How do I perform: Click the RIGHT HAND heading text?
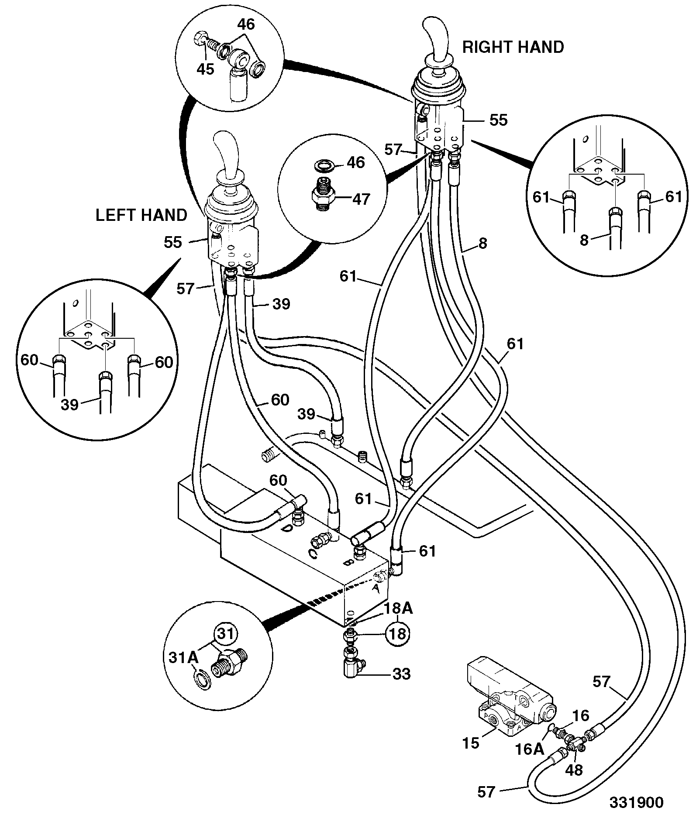[x=513, y=47]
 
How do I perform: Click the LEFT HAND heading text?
[x=141, y=215]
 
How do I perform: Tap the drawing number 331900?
[x=637, y=803]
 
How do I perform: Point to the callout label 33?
[x=401, y=674]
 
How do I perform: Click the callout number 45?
[x=205, y=69]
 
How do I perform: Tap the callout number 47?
[x=361, y=199]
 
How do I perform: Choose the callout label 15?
[x=471, y=743]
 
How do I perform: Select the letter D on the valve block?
[x=286, y=529]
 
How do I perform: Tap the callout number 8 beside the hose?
[x=482, y=243]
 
